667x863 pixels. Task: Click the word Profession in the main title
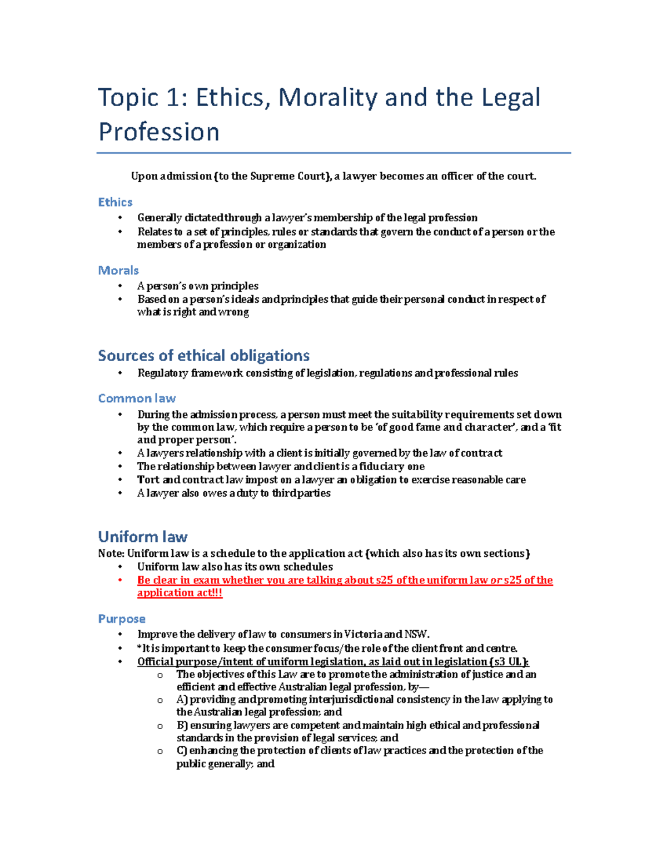[x=159, y=132]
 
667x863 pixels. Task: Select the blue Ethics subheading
[x=115, y=202]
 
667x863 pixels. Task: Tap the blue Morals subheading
[x=118, y=271]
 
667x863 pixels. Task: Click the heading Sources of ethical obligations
[x=203, y=356]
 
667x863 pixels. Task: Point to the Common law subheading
[x=137, y=398]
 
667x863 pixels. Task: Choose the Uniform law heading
[x=142, y=537]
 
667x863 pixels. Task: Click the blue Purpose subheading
[x=122, y=619]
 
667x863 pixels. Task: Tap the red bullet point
[x=120, y=580]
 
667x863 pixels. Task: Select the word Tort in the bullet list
[x=148, y=480]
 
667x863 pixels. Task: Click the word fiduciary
[x=381, y=466]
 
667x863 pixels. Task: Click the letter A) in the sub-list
[x=182, y=700]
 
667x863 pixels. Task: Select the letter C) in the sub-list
[x=182, y=751]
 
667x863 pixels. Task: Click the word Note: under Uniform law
[x=111, y=553]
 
